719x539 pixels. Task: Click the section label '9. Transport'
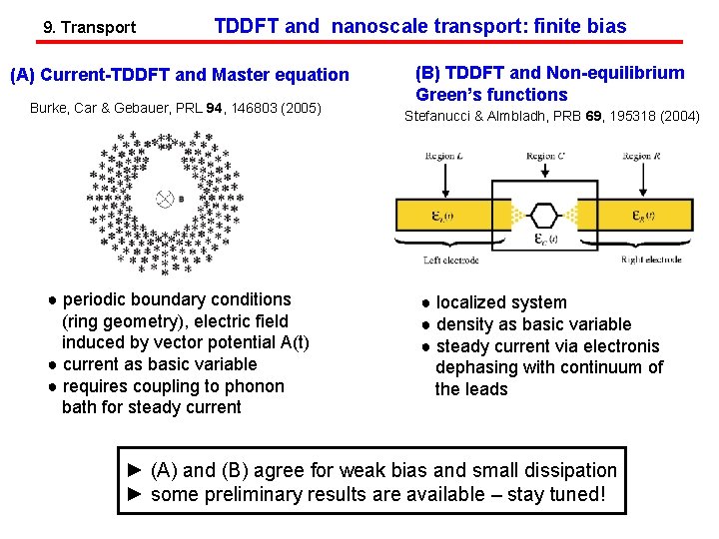tap(90, 27)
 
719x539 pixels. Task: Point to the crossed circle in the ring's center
tap(166, 199)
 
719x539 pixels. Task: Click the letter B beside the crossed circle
tap(180, 199)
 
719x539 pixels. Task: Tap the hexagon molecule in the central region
tap(545, 215)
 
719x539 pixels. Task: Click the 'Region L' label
tap(445, 157)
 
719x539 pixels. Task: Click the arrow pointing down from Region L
tap(445, 180)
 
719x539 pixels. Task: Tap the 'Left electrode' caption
tap(451, 261)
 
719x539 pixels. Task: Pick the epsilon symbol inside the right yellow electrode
tap(643, 216)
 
